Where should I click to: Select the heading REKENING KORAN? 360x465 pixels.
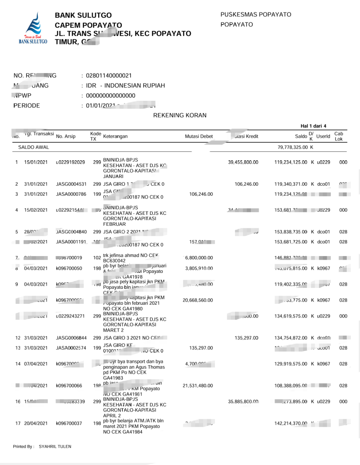coord(180,115)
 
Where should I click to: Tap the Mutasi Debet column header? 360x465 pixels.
coord(199,136)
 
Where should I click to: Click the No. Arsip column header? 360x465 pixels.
coord(66,136)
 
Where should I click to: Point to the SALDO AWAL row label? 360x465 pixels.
coord(33,148)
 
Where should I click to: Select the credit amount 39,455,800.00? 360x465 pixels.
coord(243,162)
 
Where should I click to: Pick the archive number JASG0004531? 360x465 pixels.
coord(71,184)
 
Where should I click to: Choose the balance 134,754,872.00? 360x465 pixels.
coord(291,338)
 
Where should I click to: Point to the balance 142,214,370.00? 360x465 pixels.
coord(291,423)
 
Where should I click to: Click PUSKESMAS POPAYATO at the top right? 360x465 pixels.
coord(256,15)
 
